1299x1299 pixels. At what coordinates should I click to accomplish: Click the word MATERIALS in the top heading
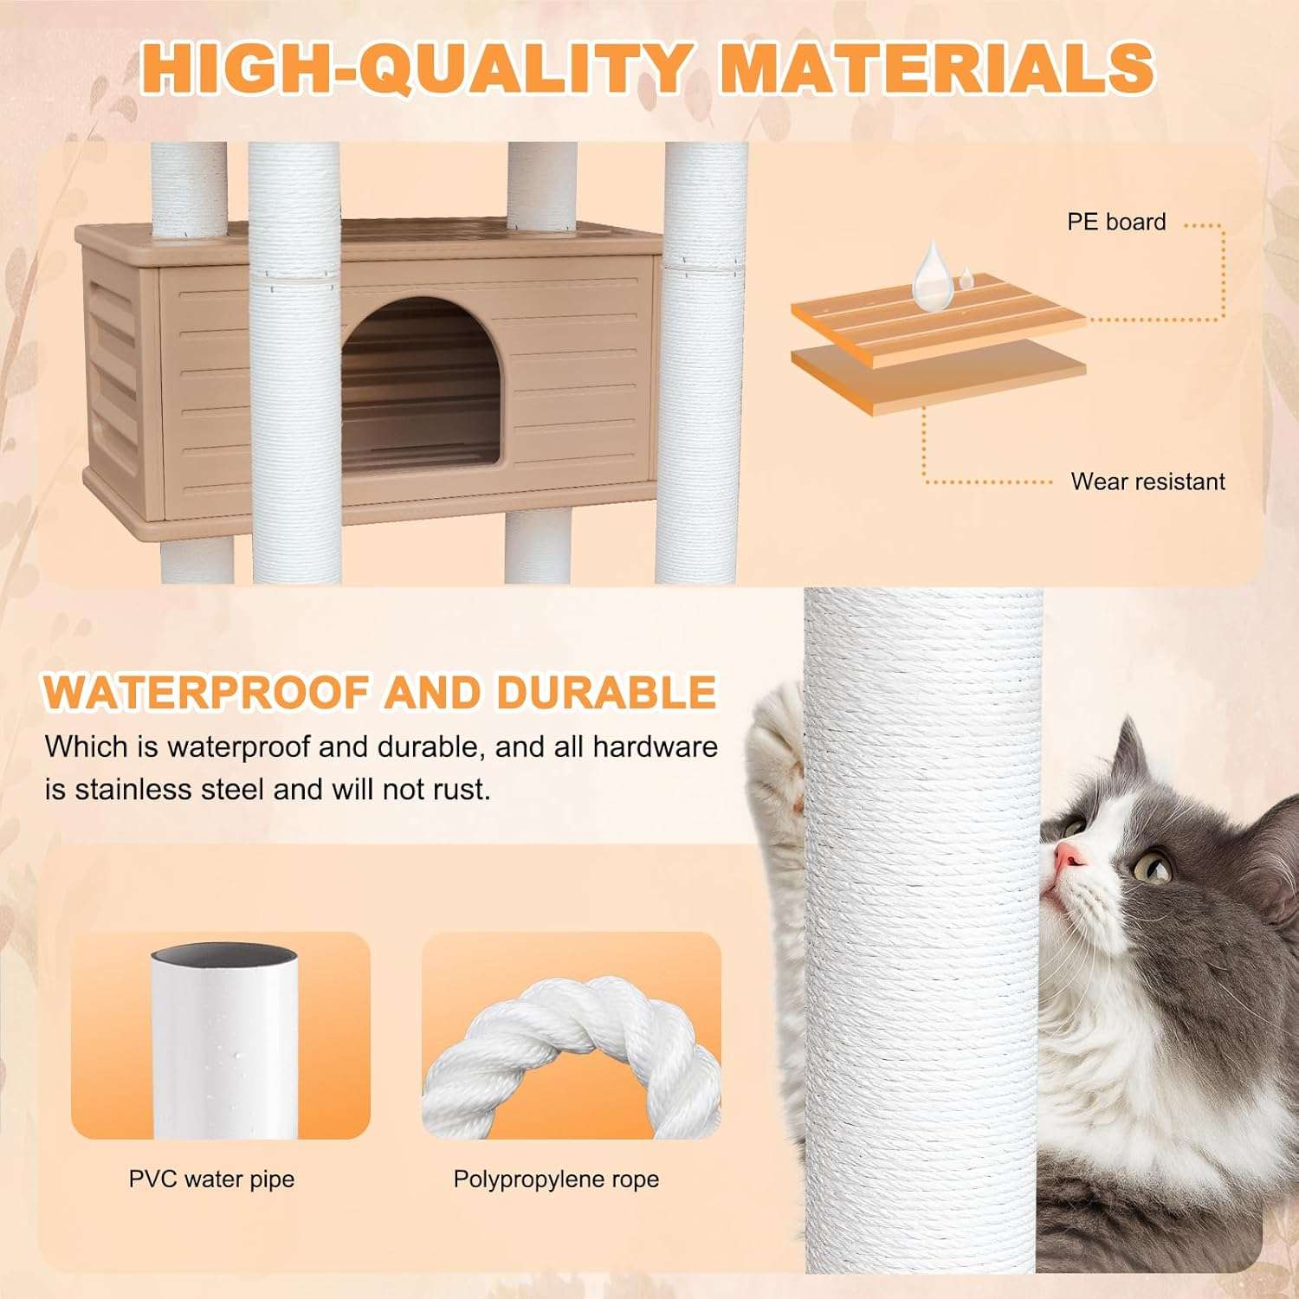point(936,67)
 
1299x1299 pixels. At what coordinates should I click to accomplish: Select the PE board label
point(1116,222)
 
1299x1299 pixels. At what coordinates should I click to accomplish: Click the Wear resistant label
point(1147,481)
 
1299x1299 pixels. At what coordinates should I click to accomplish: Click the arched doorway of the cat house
point(421,386)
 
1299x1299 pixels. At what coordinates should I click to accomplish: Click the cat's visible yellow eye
point(1153,865)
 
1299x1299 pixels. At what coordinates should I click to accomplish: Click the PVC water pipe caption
point(211,1179)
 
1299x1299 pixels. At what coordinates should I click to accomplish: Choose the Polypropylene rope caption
point(556,1179)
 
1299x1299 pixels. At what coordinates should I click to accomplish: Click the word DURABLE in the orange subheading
point(606,692)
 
